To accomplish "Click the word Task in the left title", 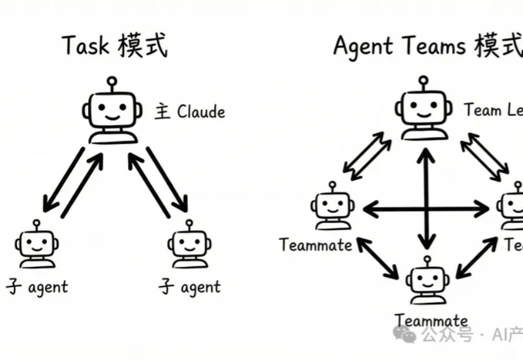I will coord(85,47).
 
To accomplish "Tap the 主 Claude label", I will coord(190,113).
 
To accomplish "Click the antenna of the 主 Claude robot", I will coord(112,83).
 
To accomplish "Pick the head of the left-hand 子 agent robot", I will coord(37,243).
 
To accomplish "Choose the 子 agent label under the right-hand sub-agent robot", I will coord(190,287).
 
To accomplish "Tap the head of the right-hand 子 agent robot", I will coord(190,243).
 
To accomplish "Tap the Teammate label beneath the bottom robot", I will coord(431,321).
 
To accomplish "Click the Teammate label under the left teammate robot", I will coord(316,245).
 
